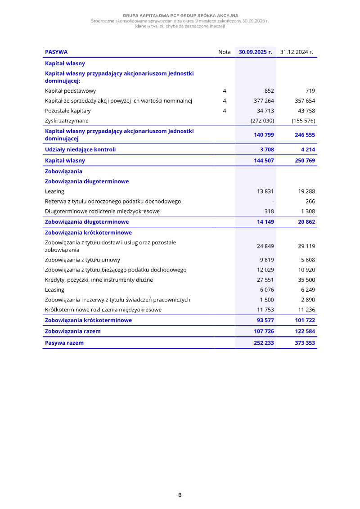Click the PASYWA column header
pyautogui.click(x=56, y=52)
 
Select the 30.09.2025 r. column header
pyautogui.click(x=256, y=52)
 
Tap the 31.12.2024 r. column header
pyautogui.click(x=297, y=52)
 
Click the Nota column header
pyautogui.click(x=224, y=52)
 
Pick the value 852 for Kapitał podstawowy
pyautogui.click(x=269, y=91)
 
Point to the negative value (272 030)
pyautogui.click(x=262, y=121)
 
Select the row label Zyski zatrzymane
pyautogui.click(x=67, y=121)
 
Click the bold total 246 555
pyautogui.click(x=305, y=135)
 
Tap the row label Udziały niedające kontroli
pyautogui.click(x=80, y=149)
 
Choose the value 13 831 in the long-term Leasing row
pyautogui.click(x=265, y=191)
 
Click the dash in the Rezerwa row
pyautogui.click(x=273, y=201)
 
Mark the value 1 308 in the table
pyautogui.click(x=308, y=211)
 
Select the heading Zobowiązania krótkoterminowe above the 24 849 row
pyautogui.click(x=88, y=233)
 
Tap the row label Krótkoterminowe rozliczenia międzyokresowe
pyautogui.click(x=103, y=310)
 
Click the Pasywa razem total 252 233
pyautogui.click(x=264, y=343)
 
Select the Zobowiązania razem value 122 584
pyautogui.click(x=305, y=331)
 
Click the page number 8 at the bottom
pyautogui.click(x=180, y=495)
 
